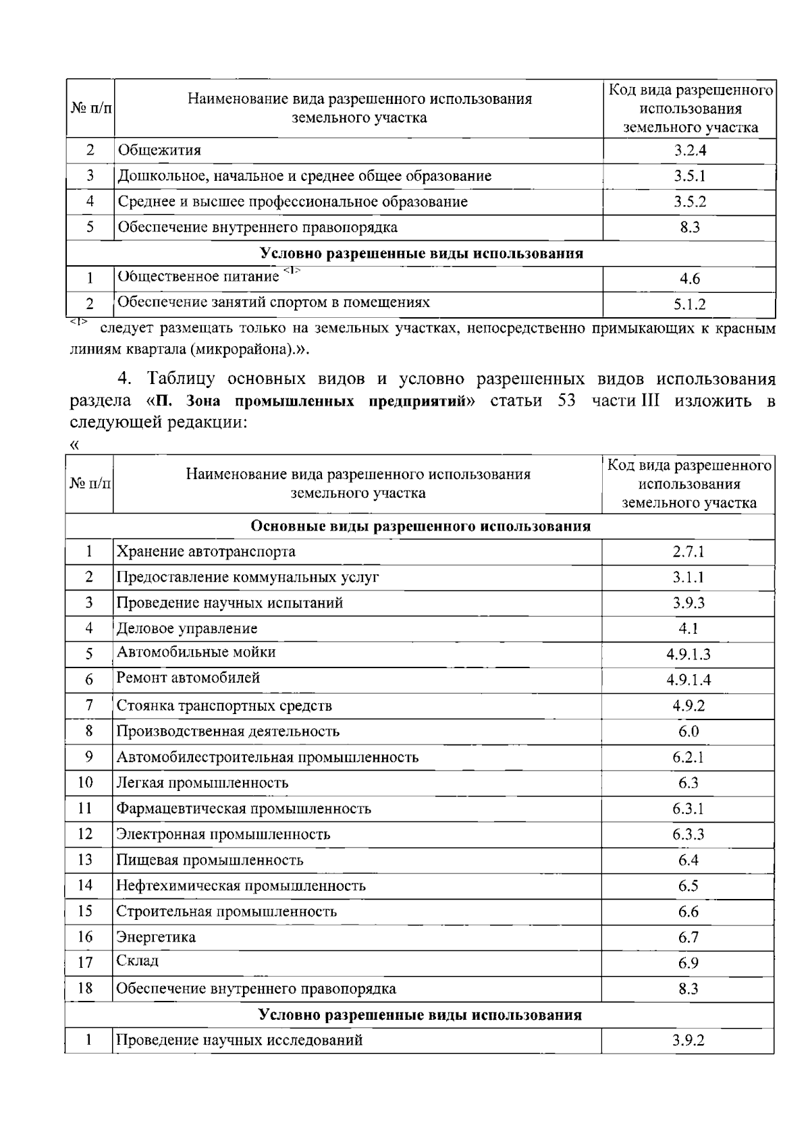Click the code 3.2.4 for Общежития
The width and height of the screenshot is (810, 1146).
(689, 151)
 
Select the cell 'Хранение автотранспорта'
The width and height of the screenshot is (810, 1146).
(206, 552)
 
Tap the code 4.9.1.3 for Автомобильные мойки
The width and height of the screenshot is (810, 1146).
(688, 655)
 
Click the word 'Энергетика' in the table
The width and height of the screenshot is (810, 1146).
(156, 937)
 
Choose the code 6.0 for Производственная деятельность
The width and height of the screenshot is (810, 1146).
(688, 732)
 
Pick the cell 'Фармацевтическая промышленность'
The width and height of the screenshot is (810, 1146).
(244, 809)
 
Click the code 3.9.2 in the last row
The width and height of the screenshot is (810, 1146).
(688, 1041)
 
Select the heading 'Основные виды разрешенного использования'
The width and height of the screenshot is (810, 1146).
(420, 526)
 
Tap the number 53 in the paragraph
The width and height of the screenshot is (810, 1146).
(567, 401)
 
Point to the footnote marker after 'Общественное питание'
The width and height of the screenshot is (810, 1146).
(292, 271)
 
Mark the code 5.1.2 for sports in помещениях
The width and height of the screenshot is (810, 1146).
(689, 304)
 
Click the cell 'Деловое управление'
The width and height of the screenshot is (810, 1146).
(187, 629)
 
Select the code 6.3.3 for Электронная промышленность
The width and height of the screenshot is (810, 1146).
(688, 835)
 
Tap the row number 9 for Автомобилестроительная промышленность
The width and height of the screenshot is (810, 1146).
(88, 757)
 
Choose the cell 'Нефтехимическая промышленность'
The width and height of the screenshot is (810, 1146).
(241, 886)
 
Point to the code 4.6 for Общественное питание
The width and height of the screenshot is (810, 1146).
(689, 279)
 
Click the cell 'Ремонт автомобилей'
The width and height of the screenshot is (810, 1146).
(188, 678)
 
